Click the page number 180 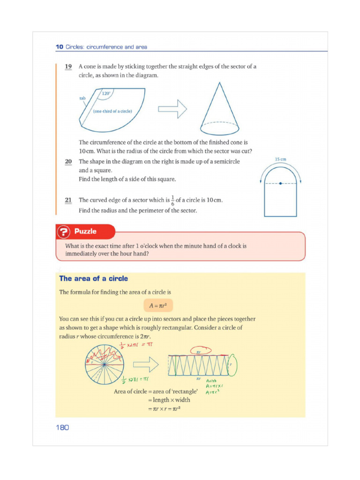(x=62, y=427)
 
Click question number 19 (x=68, y=67)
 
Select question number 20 (x=68, y=161)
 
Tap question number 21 (x=68, y=200)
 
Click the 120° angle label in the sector (x=106, y=94)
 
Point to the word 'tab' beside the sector (x=82, y=98)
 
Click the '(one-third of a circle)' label (x=112, y=111)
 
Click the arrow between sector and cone (x=172, y=109)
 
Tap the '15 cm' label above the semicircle (x=280, y=160)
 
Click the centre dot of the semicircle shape (x=280, y=183)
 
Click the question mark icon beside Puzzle (x=64, y=232)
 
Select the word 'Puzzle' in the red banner (x=85, y=232)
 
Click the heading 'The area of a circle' (x=93, y=278)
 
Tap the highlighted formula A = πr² (x=158, y=305)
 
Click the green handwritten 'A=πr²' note (x=213, y=392)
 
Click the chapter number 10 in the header (x=59, y=47)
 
